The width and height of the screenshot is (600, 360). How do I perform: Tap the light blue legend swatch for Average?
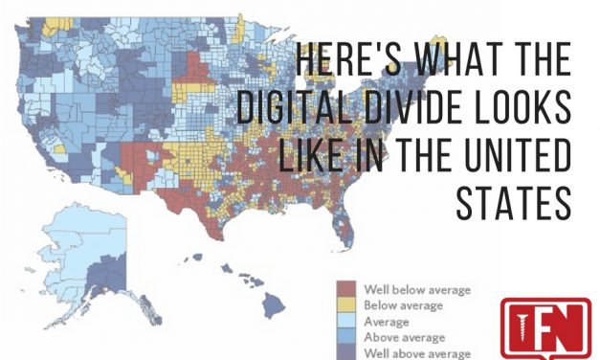pyautogui.click(x=347, y=321)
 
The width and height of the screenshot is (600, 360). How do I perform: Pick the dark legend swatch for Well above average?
pyautogui.click(x=347, y=352)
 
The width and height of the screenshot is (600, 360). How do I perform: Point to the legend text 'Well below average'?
pyautogui.click(x=417, y=288)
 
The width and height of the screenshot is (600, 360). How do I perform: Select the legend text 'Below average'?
pyautogui.click(x=403, y=304)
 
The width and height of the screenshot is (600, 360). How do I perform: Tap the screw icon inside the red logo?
pyautogui.click(x=523, y=328)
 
